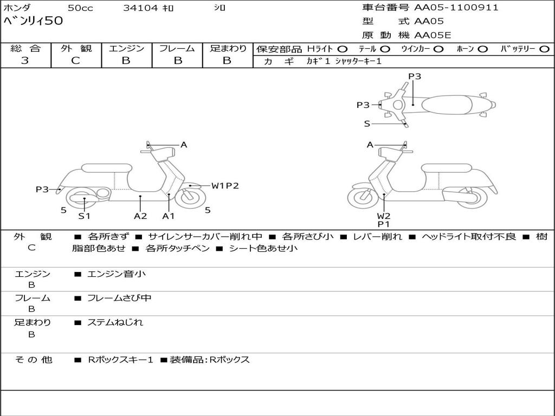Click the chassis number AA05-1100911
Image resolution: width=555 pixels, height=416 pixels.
(x=456, y=8)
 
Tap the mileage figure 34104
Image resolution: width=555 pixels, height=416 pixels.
(x=140, y=8)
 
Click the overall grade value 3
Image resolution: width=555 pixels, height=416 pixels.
(x=25, y=61)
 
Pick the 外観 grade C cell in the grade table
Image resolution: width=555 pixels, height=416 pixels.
(x=75, y=61)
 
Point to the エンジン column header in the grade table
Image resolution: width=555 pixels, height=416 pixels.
(x=126, y=48)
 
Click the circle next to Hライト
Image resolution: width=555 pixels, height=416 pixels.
(x=343, y=49)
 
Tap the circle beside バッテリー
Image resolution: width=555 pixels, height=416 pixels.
(x=544, y=49)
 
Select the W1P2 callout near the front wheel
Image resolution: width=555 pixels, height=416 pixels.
(x=225, y=186)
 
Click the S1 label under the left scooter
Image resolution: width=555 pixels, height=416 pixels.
(x=84, y=216)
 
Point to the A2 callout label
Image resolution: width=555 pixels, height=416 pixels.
(x=140, y=216)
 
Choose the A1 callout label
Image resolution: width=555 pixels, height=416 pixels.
(x=169, y=216)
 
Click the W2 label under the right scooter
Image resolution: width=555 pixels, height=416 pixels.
(x=384, y=216)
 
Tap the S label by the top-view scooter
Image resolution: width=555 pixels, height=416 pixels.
(x=367, y=124)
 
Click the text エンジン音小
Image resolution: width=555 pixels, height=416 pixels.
(x=117, y=274)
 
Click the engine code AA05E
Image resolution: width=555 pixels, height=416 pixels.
(x=433, y=36)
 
